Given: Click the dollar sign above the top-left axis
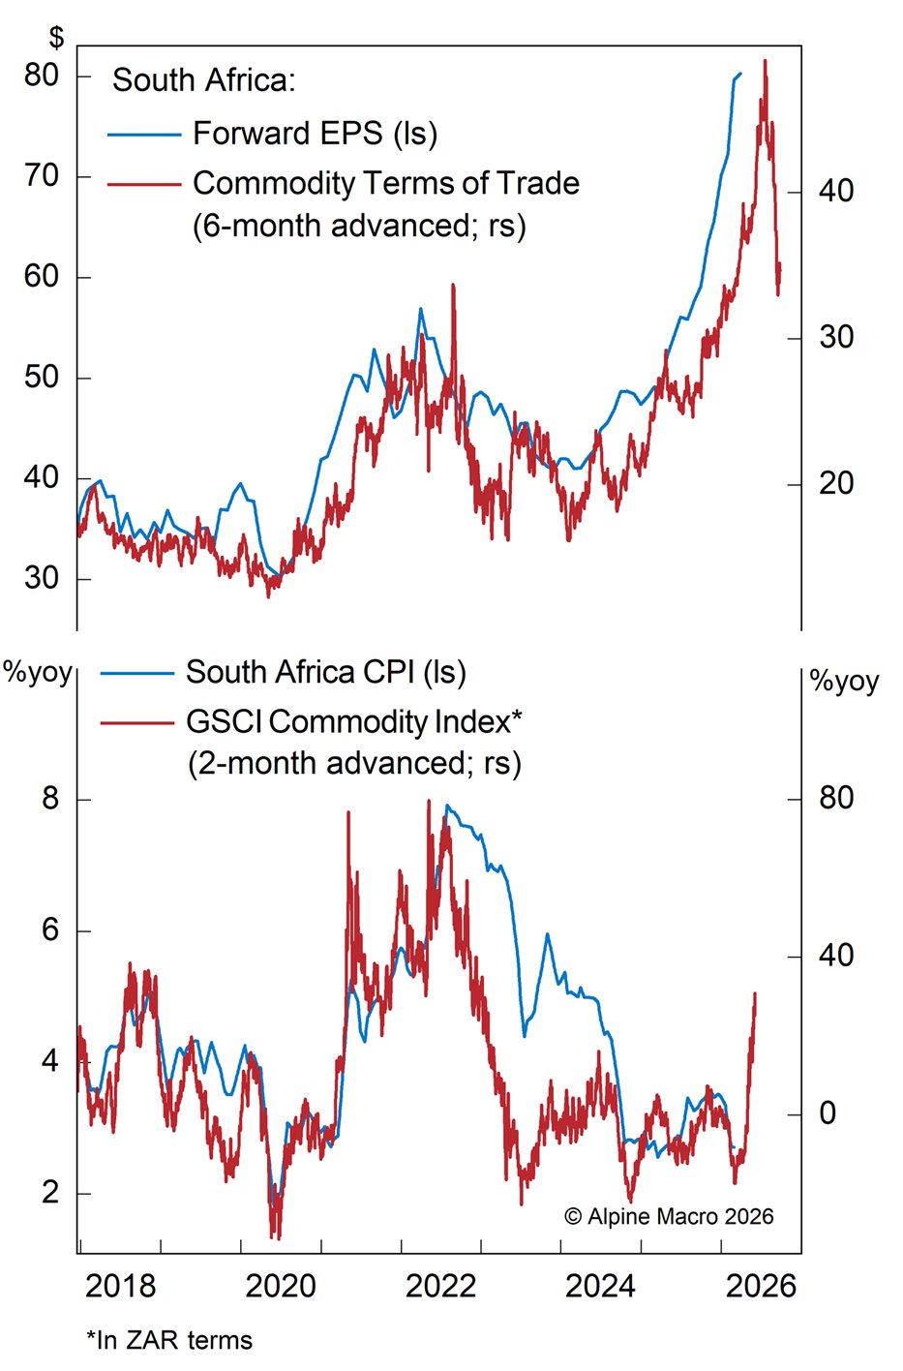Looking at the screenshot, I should pos(57,38).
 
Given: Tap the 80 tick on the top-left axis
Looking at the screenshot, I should pos(42,75).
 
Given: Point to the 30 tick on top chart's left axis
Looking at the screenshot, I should pos(42,578).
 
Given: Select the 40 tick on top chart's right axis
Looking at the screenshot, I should pos(836,191).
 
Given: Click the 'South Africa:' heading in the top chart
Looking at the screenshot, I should pos(203,79).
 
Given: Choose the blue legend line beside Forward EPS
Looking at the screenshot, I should pos(144,135).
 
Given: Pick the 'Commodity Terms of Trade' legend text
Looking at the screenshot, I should pos(386,183).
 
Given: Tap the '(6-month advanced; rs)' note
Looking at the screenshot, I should pos(359,226).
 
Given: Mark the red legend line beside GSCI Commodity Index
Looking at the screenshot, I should pos(135,722).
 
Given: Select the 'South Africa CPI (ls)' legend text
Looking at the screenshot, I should pos(326,672).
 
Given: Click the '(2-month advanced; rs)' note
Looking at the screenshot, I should pos(354,763).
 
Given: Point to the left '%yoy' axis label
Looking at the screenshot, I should pos(38,672).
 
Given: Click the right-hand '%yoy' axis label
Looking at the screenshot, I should pos(844,681).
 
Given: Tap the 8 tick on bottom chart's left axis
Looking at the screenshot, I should pos(50,799).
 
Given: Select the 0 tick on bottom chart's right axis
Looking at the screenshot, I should pos(828,1113).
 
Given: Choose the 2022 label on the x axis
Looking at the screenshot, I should pos(440,1286).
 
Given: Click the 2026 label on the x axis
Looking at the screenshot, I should pos(761,1286).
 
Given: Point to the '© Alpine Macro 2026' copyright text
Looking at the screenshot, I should pos(669,1216).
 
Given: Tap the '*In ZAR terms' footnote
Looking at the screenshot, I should pos(169,1340).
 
